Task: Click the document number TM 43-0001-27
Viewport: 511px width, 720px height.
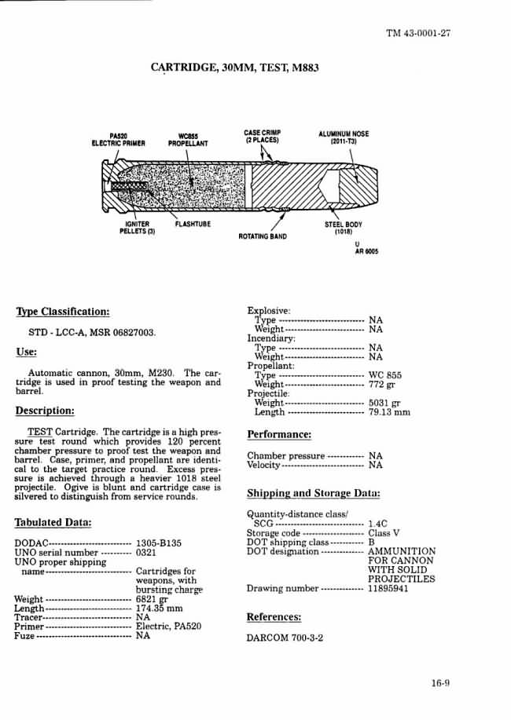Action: coord(417,33)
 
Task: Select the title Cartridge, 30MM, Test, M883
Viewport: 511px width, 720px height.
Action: coord(234,68)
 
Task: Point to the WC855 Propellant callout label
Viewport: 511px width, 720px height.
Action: coord(187,140)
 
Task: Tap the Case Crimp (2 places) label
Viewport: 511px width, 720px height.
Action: coord(263,136)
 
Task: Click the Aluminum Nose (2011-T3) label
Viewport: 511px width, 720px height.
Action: coord(343,137)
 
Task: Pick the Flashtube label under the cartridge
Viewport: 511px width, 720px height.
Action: coord(193,224)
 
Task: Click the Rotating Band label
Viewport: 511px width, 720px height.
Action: coord(263,236)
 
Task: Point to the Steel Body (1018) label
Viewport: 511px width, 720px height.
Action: coord(344,228)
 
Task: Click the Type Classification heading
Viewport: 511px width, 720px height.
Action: coord(62,311)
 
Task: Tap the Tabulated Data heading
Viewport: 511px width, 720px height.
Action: coord(53,523)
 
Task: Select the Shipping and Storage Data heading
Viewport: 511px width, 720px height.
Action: coord(314,494)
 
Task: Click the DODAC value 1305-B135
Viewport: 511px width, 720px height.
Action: coord(159,543)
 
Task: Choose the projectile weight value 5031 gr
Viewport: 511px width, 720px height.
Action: coord(388,403)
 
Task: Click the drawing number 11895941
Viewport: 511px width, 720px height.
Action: coord(388,589)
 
